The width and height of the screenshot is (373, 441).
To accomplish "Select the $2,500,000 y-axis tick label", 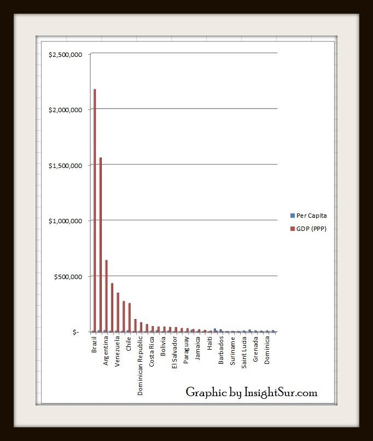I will coord(65,54).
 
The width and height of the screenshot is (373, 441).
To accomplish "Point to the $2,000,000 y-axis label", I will coord(65,110).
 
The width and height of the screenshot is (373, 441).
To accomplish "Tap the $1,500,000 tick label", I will coord(65,165).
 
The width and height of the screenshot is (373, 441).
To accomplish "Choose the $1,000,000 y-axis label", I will coord(65,221).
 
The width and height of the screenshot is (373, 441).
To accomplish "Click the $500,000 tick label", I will coord(68,276).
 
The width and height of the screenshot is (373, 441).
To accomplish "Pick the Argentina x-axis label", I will coord(106,351).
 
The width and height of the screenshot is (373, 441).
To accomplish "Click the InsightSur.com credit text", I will coord(252,392).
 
